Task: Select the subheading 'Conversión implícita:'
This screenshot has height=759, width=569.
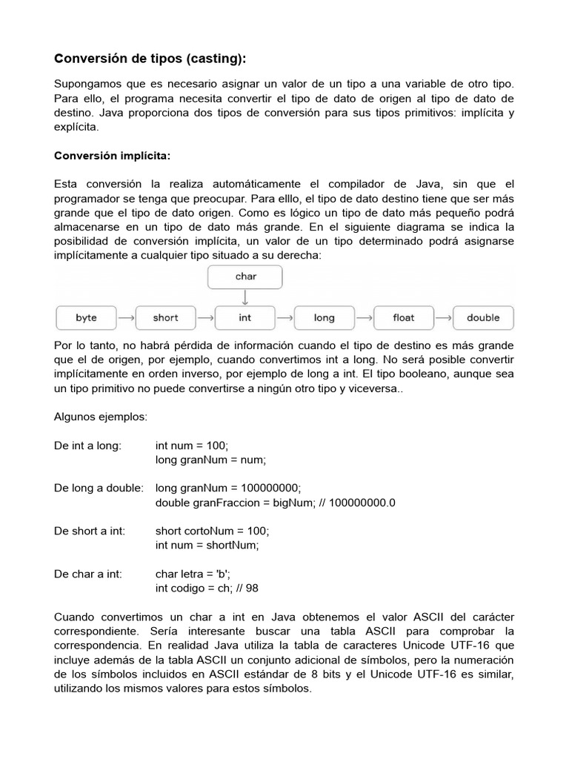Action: click(x=113, y=156)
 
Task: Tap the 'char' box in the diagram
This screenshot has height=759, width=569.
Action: click(x=246, y=276)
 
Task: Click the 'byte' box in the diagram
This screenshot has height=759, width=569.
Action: click(x=87, y=318)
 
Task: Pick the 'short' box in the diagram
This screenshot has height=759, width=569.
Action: click(x=165, y=318)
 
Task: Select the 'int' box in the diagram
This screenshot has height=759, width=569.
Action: click(x=245, y=318)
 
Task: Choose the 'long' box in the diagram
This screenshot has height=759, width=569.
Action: click(x=325, y=318)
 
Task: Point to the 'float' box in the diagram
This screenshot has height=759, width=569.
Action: click(x=404, y=318)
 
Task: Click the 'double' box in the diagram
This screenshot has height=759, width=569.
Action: click(x=483, y=318)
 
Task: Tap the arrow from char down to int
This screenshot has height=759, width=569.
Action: click(x=246, y=296)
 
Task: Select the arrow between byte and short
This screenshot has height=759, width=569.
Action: click(x=126, y=318)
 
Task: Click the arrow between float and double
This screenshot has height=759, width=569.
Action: click(x=443, y=318)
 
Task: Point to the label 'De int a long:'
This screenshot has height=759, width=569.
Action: click(x=88, y=446)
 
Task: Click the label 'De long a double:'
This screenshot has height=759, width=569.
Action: click(x=99, y=488)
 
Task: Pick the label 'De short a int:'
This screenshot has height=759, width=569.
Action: click(x=90, y=531)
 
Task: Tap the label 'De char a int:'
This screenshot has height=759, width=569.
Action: click(x=88, y=574)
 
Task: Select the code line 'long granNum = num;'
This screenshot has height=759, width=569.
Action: click(x=210, y=460)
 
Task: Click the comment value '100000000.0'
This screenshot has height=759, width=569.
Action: click(x=362, y=503)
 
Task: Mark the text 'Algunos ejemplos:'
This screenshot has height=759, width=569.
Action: click(x=101, y=417)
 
